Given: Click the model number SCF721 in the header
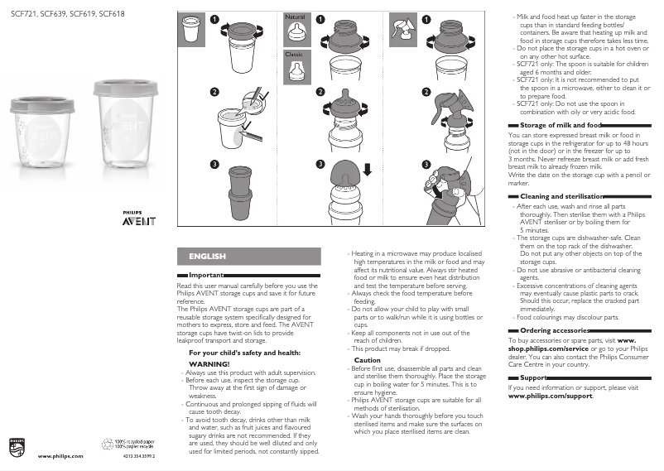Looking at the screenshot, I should [22, 14].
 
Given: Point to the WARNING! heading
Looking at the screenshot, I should [209, 363].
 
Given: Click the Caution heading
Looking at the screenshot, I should [368, 360].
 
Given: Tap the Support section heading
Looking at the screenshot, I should [533, 377].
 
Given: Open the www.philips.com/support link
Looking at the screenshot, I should [550, 396].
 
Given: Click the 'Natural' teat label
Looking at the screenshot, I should [295, 17].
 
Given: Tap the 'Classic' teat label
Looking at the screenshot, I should [294, 54].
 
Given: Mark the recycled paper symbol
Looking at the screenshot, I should [109, 444].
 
